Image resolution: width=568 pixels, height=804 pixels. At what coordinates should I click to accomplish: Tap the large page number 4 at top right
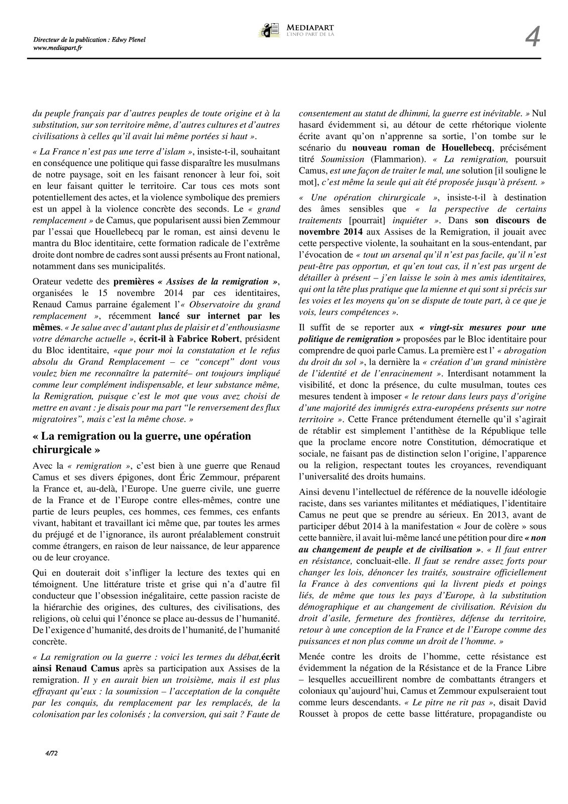tap(532, 38)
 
